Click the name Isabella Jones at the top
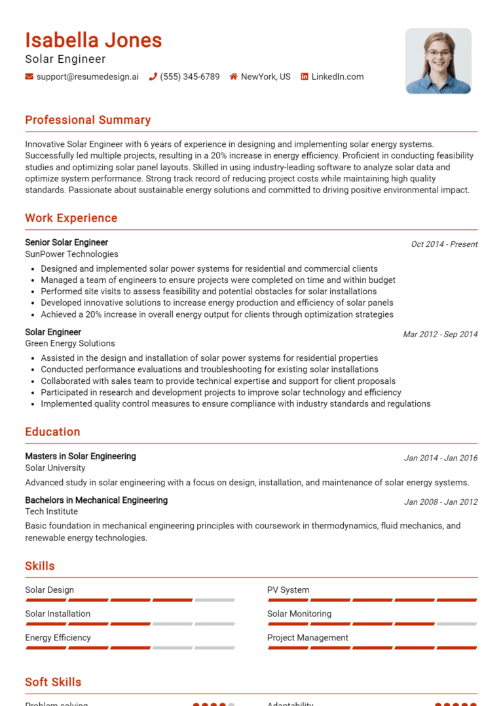93,41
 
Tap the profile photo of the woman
438,61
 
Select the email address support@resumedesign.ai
87,77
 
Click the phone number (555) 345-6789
189,77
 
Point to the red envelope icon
29,77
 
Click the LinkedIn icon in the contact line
304,77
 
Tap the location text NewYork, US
265,77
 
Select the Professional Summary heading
88,120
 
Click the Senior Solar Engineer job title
66,242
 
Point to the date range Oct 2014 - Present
444,244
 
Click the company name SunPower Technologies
71,254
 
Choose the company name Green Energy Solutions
69,343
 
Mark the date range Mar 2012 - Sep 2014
440,334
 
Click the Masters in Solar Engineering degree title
81,456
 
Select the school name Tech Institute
51,511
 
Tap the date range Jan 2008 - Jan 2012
440,502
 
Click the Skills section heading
40,566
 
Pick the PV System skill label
288,590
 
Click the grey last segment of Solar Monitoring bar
456,623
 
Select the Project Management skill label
307,638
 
